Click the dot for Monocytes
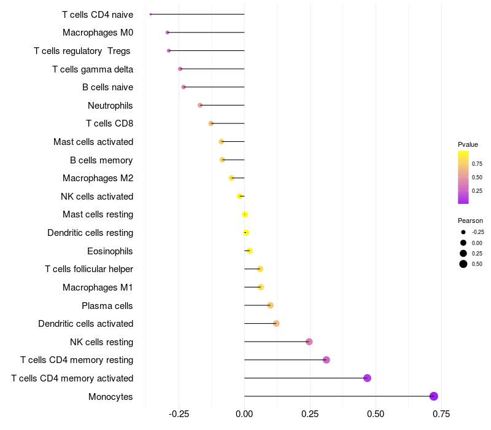434,396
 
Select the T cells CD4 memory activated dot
367,378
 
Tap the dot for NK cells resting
309,342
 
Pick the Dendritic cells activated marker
276,324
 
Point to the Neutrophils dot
200,105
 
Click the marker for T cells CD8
211,123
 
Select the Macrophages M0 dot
167,32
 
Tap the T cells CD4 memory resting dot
327,360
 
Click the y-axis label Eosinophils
110,251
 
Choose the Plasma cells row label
107,305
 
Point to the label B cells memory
101,160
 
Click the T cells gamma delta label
93,69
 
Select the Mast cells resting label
98,214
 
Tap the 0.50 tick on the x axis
376,413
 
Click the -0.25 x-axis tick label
178,413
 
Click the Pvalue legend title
468,144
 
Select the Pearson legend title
470,221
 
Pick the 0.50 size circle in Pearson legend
463,264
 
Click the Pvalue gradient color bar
463,177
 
